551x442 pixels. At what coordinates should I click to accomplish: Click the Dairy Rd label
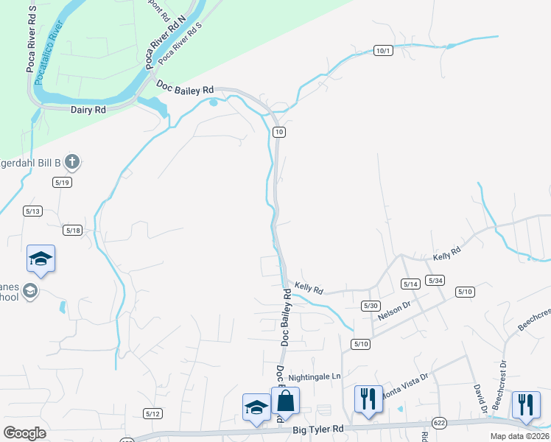(88, 109)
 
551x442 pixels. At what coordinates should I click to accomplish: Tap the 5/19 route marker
(62, 181)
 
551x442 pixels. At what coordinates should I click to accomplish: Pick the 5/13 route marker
(32, 211)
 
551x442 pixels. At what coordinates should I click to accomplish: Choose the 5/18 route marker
(72, 230)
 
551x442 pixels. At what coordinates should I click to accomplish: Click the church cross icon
(71, 161)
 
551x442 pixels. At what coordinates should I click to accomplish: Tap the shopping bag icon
(285, 401)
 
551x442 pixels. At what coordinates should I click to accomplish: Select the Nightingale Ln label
(315, 376)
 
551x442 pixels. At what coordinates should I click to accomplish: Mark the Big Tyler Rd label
(318, 428)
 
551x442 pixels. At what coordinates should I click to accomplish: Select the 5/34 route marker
(435, 281)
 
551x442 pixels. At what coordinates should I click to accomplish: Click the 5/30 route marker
(371, 305)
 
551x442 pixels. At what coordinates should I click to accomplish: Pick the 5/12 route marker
(153, 413)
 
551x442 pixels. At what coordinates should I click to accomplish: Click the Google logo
(24, 433)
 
